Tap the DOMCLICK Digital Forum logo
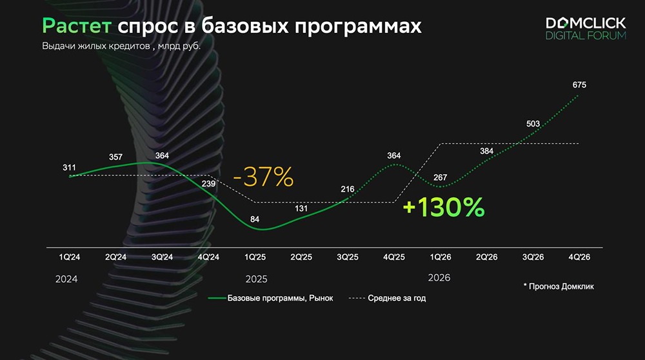(586, 29)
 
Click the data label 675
(579, 85)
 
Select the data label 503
(533, 124)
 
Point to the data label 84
(255, 220)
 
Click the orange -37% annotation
(263, 177)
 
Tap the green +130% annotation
(443, 208)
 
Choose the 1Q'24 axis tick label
(69, 257)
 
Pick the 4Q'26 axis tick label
(579, 257)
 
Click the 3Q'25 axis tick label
(348, 257)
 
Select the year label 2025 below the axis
(256, 280)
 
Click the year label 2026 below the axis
(439, 277)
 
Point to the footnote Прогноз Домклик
(559, 286)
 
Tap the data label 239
(209, 184)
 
